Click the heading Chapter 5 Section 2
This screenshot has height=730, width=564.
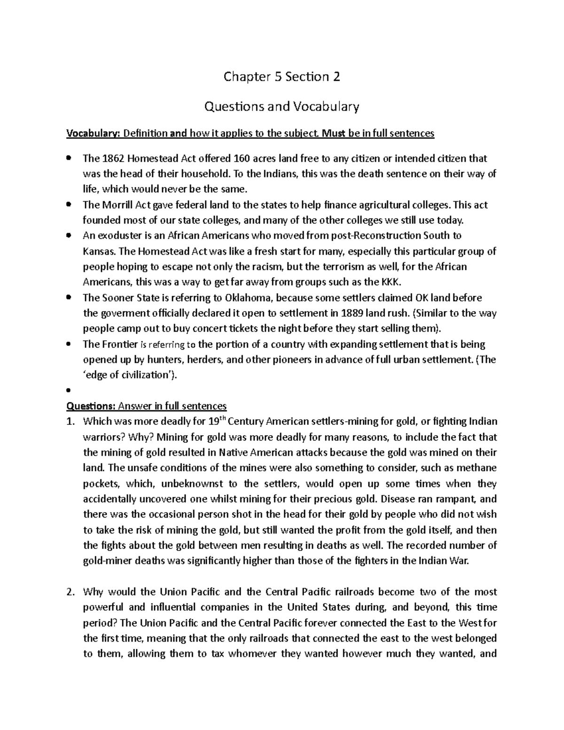282,77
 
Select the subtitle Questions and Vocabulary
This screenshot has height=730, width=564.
282,107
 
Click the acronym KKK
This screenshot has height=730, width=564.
392,282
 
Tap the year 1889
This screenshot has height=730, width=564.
365,314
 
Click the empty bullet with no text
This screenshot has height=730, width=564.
69,390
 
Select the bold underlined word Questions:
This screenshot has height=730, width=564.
91,406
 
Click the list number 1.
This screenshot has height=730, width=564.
70,422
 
